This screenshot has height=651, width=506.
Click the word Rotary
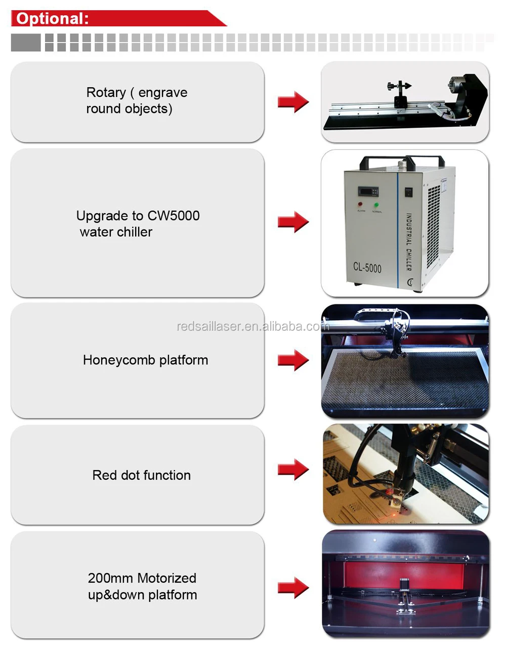click(106, 93)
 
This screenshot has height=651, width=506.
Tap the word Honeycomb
click(112, 360)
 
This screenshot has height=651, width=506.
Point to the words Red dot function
click(142, 475)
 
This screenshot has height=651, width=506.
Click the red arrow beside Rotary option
click(293, 102)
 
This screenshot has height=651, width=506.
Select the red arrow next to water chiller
click(293, 222)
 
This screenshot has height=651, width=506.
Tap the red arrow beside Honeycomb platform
click(293, 360)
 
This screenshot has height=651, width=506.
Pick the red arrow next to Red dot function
click(293, 469)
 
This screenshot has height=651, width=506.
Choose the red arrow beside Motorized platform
click(293, 588)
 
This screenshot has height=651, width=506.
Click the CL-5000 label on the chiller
click(367, 267)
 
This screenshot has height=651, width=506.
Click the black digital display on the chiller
click(369, 192)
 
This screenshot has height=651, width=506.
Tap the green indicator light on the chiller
click(376, 205)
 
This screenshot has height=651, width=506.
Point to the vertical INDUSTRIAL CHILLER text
click(409, 241)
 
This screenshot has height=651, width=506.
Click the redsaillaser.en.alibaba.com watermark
click(251, 326)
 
